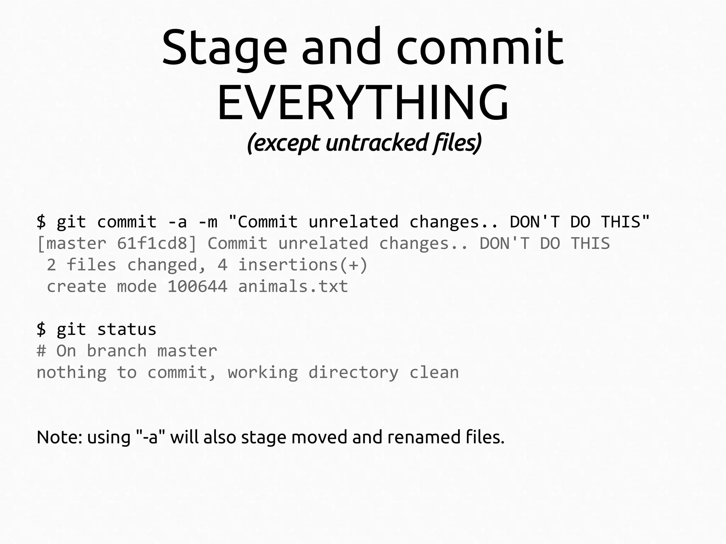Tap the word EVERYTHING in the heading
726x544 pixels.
point(363,102)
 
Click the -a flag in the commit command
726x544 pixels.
point(177,222)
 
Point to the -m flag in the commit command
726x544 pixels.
point(208,222)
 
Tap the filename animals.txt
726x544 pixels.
point(293,287)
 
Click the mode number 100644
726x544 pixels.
point(197,287)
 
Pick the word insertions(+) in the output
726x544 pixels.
point(303,265)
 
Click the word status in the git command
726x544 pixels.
point(127,330)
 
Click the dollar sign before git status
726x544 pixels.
point(41,330)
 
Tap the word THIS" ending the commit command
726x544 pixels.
point(625,222)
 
